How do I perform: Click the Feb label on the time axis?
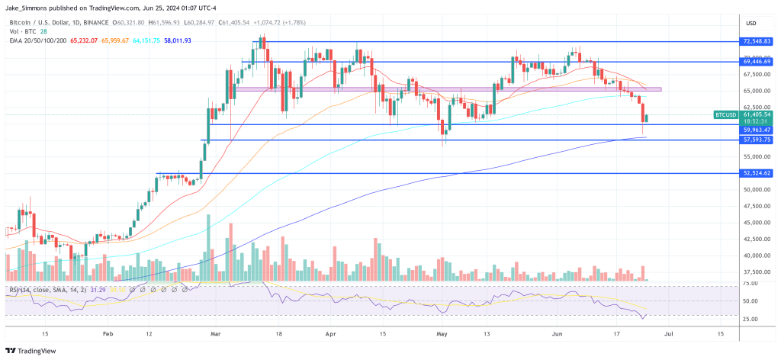pyautogui.click(x=108, y=333)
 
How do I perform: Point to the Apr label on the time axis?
pyautogui.click(x=330, y=333)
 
